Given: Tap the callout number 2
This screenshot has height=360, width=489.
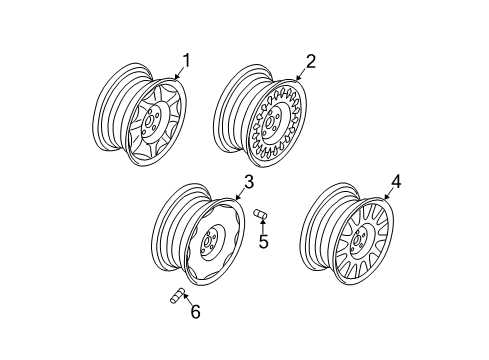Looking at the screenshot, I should point(310,61).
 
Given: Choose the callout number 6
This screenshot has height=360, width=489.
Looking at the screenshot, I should point(195,312).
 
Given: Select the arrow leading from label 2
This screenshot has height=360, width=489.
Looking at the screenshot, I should point(301,70).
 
